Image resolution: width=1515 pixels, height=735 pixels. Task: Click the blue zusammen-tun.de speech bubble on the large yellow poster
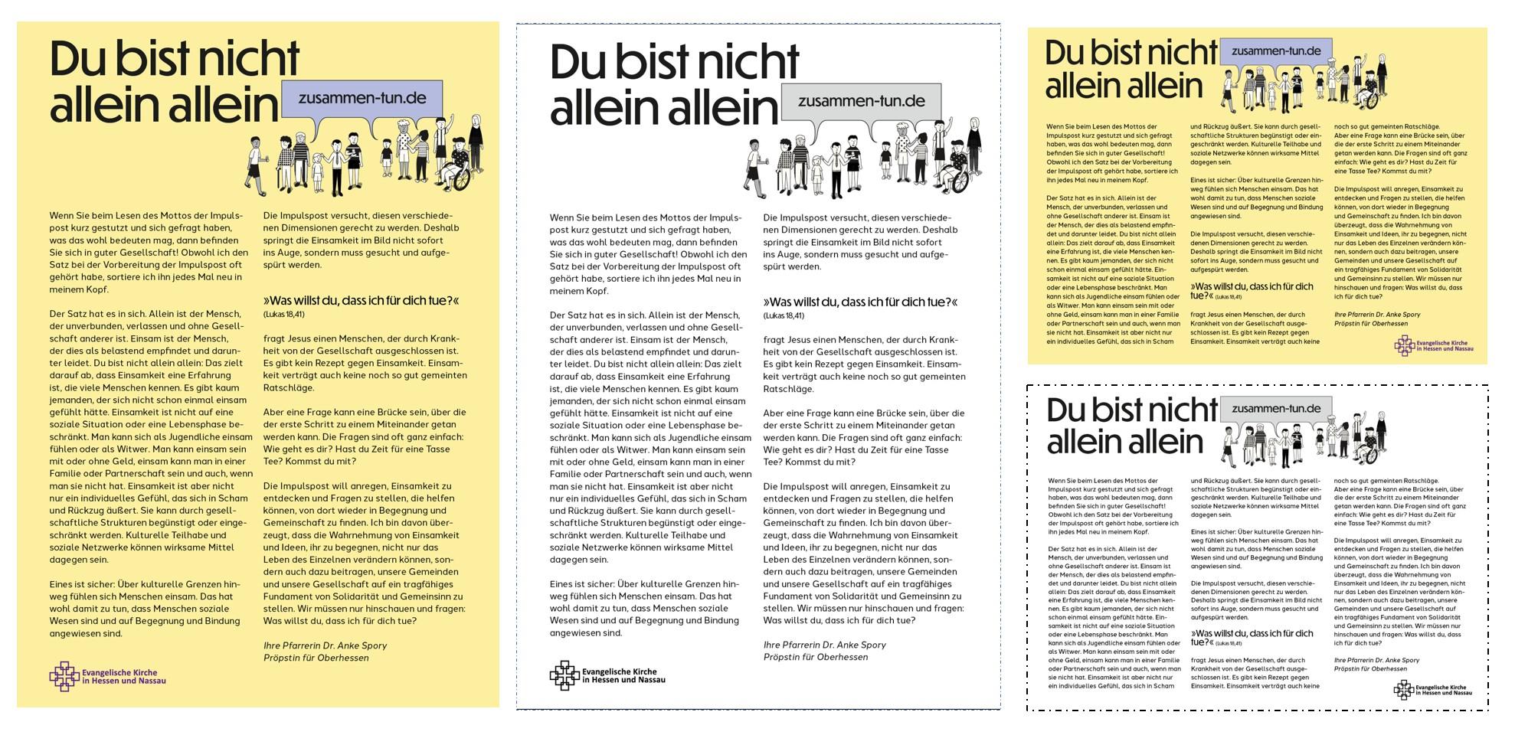click(x=353, y=99)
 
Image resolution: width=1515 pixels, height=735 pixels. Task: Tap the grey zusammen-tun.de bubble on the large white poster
click(x=861, y=102)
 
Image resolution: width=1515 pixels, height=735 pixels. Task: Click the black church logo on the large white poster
click(x=564, y=675)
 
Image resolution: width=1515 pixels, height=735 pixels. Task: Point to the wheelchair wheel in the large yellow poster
click(x=460, y=179)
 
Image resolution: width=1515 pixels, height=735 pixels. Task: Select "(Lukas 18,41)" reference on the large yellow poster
click(x=283, y=314)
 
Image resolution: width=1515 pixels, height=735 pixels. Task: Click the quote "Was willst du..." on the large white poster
click(x=860, y=302)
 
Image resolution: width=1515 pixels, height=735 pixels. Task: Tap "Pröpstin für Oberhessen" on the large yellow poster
click(x=316, y=658)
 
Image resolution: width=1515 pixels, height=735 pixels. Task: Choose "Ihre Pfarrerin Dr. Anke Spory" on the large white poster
click(x=824, y=645)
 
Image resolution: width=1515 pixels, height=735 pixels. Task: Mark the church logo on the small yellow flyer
click(x=1403, y=346)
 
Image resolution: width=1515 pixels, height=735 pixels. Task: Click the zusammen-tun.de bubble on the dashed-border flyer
click(x=1275, y=409)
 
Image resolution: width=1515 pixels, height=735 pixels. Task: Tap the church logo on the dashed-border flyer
click(x=1403, y=690)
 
